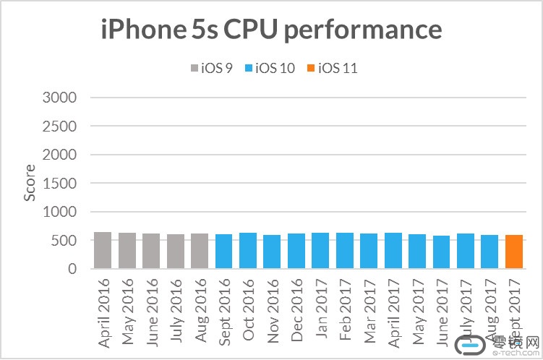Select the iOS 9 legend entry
[210, 69]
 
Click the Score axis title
[30, 184]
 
